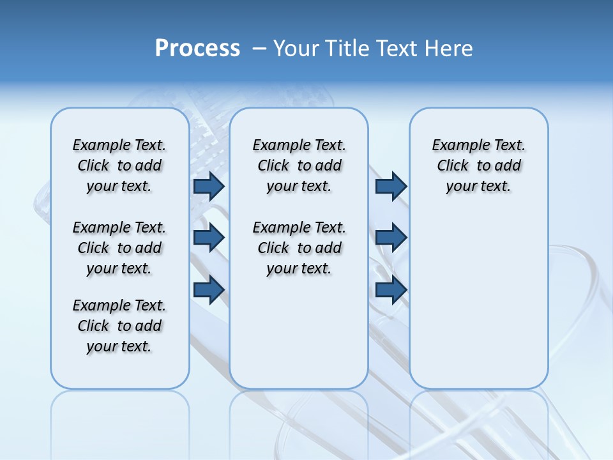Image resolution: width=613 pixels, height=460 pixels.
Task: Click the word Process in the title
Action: tap(197, 49)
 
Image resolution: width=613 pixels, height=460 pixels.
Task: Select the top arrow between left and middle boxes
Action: tap(209, 186)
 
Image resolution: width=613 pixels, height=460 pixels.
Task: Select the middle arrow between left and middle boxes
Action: tap(209, 238)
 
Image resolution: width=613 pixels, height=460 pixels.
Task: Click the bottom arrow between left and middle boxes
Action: tap(209, 290)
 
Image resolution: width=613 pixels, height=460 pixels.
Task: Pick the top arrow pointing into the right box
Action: tap(391, 186)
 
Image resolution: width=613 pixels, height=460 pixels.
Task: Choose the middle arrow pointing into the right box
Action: tap(391, 238)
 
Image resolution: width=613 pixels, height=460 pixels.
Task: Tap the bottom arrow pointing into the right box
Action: tap(391, 290)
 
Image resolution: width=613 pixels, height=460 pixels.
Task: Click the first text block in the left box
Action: tap(119, 165)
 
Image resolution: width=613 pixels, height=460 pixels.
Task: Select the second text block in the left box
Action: tap(119, 248)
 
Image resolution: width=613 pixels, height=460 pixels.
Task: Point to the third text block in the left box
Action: tap(119, 326)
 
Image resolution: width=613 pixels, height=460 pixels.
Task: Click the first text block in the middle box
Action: tap(299, 165)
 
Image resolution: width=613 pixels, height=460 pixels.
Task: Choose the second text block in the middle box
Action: tap(299, 248)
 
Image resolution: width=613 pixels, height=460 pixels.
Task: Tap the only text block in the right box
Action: tap(479, 165)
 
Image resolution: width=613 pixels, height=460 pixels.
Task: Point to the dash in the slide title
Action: tap(259, 49)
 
